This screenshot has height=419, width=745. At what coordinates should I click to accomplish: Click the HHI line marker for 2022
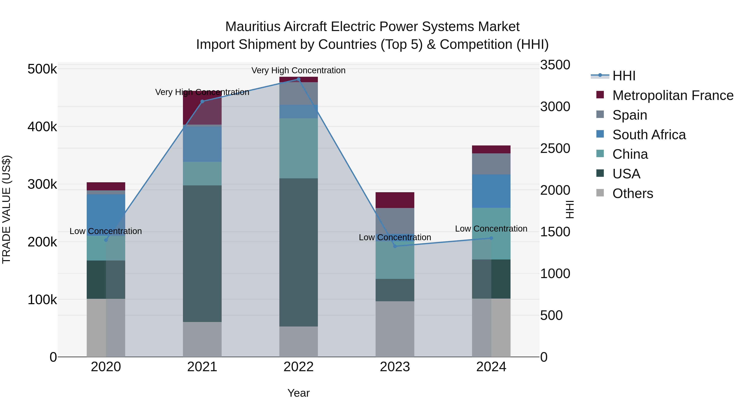click(298, 79)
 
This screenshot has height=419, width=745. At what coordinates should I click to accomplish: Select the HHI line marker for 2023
click(395, 246)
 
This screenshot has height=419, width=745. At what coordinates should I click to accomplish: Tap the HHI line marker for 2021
click(202, 101)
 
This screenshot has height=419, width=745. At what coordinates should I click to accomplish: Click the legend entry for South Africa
click(649, 134)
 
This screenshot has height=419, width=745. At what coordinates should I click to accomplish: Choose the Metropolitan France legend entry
click(673, 95)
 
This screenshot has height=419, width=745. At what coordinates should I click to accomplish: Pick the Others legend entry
click(632, 193)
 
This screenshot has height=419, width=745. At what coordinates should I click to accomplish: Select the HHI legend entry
click(624, 76)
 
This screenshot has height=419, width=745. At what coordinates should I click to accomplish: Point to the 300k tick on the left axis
click(42, 184)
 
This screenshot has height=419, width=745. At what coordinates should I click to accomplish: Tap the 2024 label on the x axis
click(491, 367)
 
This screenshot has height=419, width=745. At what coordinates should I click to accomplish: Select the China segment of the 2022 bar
click(298, 148)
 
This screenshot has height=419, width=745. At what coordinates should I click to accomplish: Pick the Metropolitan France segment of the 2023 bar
click(395, 200)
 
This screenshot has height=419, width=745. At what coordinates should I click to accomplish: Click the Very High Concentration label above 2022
click(298, 70)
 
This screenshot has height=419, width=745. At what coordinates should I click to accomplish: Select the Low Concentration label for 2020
click(106, 231)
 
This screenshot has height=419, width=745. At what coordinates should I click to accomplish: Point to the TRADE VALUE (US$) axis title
click(6, 209)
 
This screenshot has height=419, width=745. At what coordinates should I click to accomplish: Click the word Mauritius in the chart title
click(252, 27)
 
